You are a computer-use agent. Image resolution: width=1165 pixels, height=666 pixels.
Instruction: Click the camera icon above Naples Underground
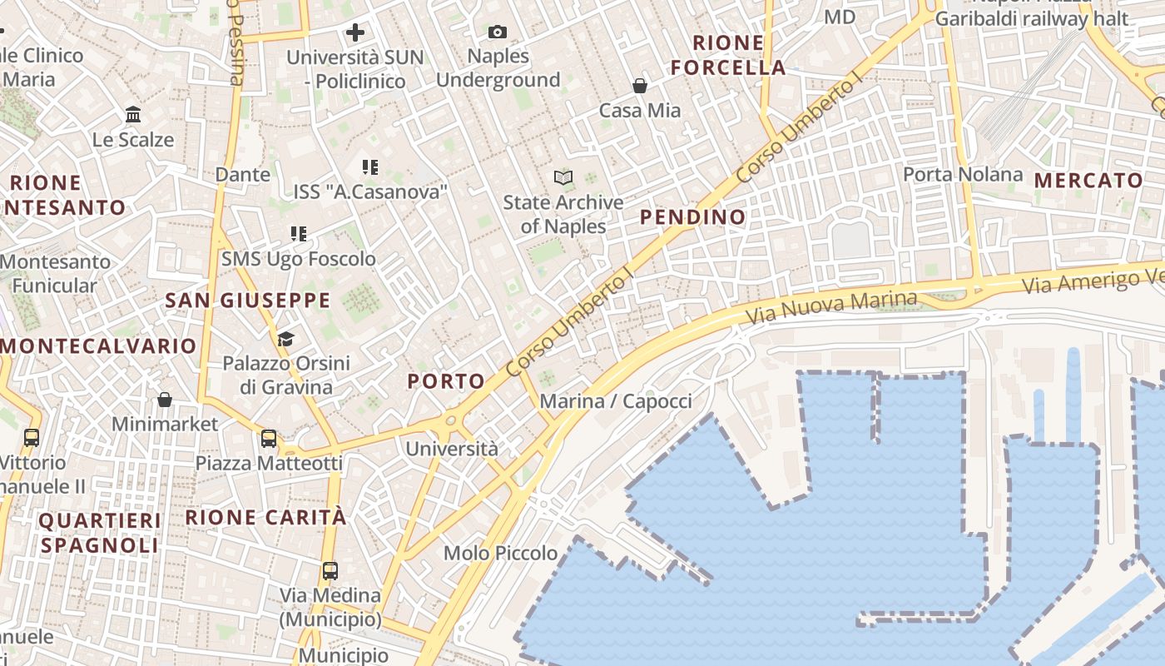point(498,32)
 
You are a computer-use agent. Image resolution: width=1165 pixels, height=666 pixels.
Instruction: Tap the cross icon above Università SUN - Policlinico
point(355,33)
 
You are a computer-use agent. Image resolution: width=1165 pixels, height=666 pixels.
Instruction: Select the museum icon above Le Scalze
point(133,114)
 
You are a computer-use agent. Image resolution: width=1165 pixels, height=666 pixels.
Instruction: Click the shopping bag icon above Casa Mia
point(640,86)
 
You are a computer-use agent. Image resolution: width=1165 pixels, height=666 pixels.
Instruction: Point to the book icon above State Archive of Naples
point(563,177)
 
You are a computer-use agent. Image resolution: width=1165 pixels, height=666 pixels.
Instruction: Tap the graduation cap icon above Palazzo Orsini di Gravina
point(285,339)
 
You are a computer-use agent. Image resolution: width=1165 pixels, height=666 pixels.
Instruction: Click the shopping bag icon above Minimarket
point(165,400)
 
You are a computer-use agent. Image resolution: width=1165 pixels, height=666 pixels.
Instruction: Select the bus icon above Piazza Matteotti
point(268,439)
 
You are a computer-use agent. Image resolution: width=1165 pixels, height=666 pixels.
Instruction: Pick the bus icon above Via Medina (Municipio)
point(330,571)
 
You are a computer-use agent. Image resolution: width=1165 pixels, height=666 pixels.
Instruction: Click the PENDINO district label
point(693,217)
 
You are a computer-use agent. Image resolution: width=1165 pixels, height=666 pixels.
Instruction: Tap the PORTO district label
point(446,381)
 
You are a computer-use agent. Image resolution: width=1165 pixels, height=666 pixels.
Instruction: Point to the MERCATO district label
point(1088,181)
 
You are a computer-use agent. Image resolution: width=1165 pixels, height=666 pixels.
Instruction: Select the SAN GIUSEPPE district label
point(248,301)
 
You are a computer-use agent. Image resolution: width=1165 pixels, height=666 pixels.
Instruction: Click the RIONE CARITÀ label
point(265,517)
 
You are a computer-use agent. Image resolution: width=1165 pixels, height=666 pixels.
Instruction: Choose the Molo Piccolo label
point(500,553)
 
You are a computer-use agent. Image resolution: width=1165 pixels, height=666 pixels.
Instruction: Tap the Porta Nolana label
point(963,174)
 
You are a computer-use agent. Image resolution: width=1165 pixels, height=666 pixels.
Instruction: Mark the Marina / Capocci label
point(616,401)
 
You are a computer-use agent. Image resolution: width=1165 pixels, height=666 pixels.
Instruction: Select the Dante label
point(242,174)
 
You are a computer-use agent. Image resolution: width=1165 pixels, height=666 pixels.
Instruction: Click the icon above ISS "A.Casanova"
point(370,167)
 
